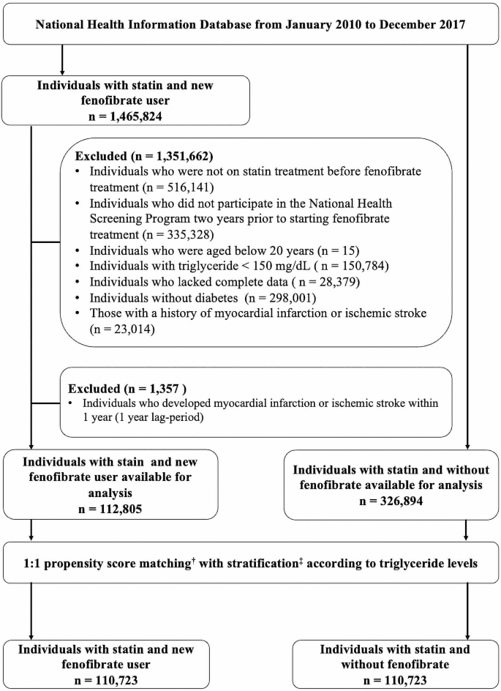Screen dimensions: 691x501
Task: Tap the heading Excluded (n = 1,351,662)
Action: [140, 156]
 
